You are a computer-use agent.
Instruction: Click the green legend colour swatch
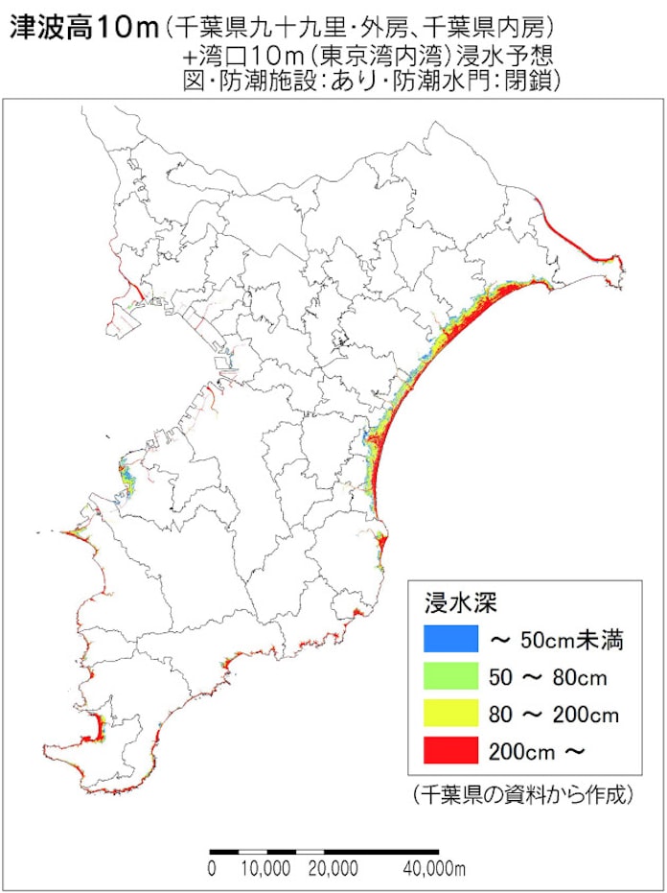coord(450,675)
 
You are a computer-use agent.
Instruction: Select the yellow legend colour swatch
coord(450,713)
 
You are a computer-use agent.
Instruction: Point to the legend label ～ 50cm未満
coord(557,640)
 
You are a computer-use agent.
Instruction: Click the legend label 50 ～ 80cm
coord(547,678)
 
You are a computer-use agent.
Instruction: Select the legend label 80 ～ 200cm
coord(554,715)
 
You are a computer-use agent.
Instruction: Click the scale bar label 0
coord(211,869)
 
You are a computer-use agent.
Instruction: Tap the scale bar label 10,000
coord(265,869)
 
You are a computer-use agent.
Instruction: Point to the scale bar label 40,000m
coord(432,869)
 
